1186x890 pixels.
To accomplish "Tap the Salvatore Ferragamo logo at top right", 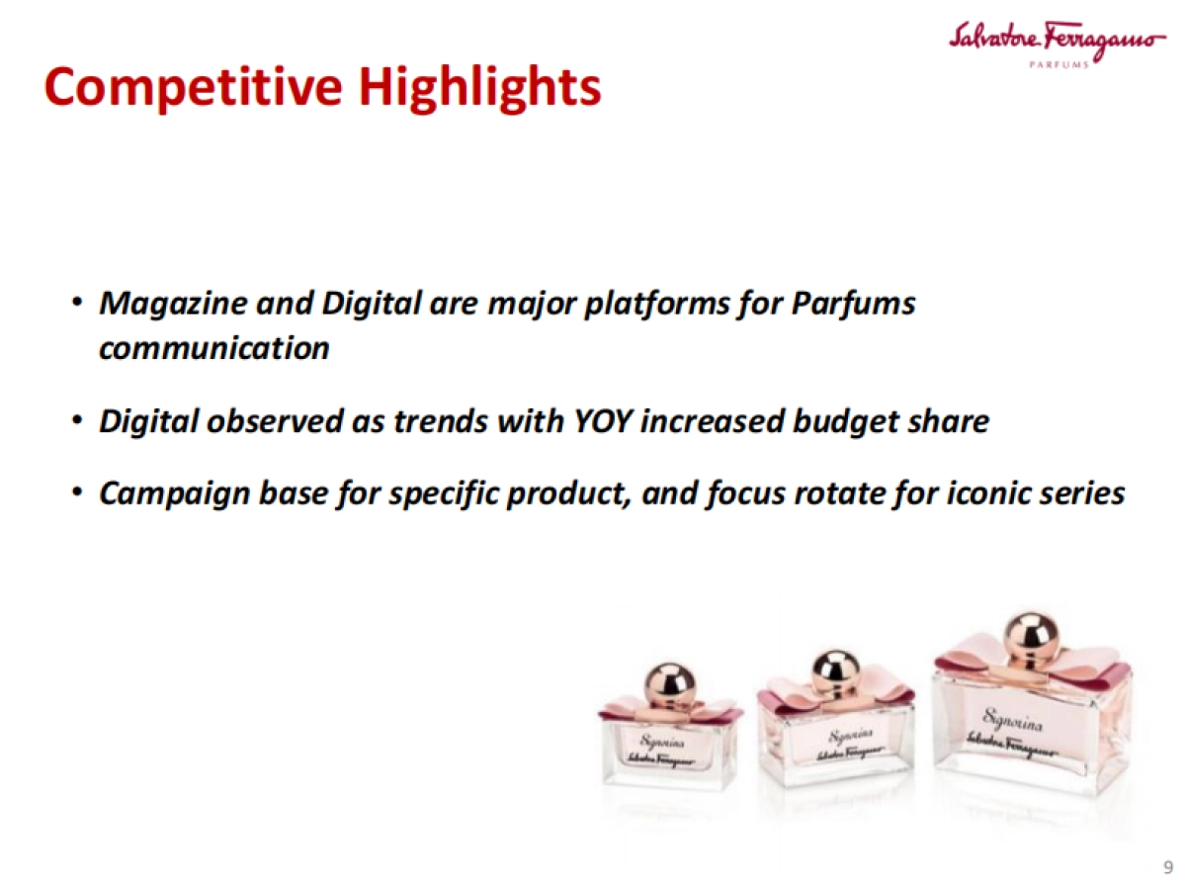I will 1055,39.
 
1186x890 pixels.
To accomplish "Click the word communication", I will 213,348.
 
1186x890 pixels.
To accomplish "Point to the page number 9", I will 1167,868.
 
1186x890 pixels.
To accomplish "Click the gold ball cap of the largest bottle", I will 1031,637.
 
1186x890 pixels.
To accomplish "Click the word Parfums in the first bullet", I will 854,303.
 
